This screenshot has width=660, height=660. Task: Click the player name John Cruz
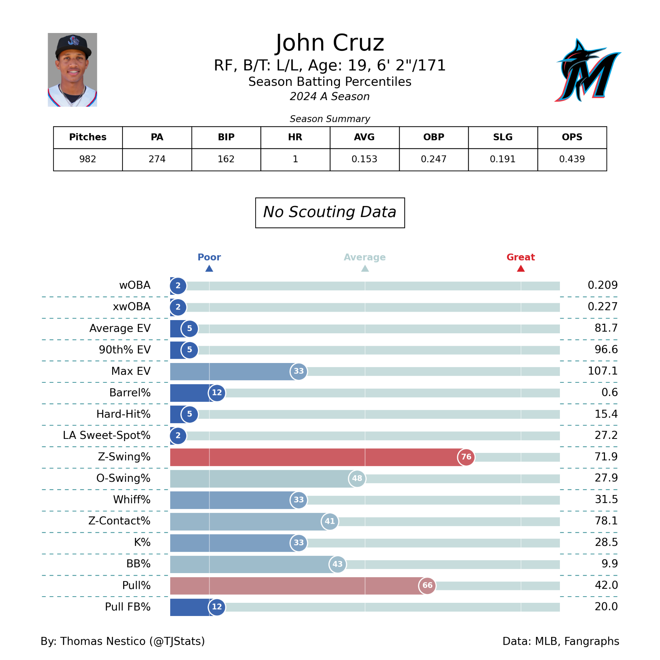[x=330, y=43]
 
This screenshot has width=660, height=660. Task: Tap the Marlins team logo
[x=587, y=71]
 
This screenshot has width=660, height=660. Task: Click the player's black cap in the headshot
[x=73, y=45]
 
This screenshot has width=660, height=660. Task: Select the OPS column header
[x=572, y=137]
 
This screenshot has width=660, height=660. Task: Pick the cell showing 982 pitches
[x=88, y=159]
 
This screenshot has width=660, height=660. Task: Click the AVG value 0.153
[x=364, y=159]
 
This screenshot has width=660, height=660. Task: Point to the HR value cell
[x=295, y=159]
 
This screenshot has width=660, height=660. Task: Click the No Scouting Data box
[x=330, y=212]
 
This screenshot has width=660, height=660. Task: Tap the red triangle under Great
[x=521, y=269]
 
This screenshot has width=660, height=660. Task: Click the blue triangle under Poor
[x=209, y=269]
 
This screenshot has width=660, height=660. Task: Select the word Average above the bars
[x=364, y=257]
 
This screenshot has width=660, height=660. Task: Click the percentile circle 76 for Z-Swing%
[x=466, y=457]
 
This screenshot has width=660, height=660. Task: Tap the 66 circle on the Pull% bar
[x=427, y=586]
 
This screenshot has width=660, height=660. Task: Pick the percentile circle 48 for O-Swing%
[x=357, y=478]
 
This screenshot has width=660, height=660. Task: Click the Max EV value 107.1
[x=602, y=371]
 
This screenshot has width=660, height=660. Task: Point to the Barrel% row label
[x=130, y=393]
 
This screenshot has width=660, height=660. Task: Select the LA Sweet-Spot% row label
[x=106, y=435]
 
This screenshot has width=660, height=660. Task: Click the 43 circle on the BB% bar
[x=337, y=564]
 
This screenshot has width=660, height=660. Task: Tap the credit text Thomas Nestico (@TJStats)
[x=132, y=641]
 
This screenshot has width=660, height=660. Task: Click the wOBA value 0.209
[x=602, y=285]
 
